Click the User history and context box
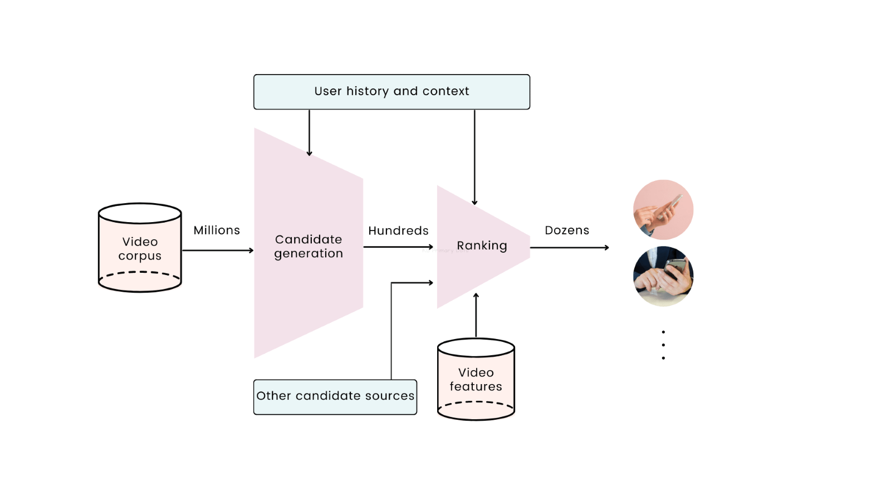pyautogui.click(x=391, y=92)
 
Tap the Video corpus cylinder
pyautogui.click(x=140, y=248)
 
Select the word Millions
pyautogui.click(x=217, y=230)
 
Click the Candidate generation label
pyautogui.click(x=309, y=247)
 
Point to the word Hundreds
pyautogui.click(x=398, y=231)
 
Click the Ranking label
pyautogui.click(x=482, y=245)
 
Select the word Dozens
pyautogui.click(x=566, y=230)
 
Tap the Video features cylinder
pyautogui.click(x=476, y=380)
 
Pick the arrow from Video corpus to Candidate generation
pyautogui.click(x=217, y=250)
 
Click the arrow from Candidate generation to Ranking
pyautogui.click(x=398, y=247)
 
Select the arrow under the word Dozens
pyautogui.click(x=569, y=248)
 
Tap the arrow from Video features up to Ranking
pyautogui.click(x=476, y=315)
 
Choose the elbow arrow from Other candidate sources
pyautogui.click(x=391, y=328)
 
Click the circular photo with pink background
pyautogui.click(x=663, y=210)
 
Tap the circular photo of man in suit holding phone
pyautogui.click(x=663, y=276)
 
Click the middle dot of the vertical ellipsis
pyautogui.click(x=663, y=345)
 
